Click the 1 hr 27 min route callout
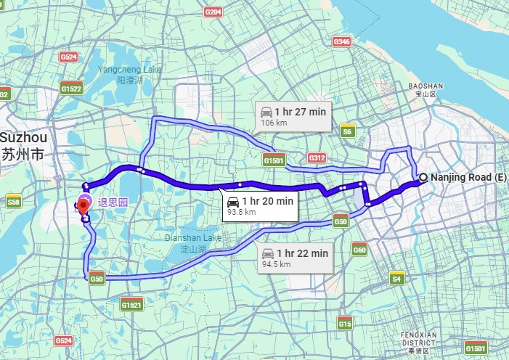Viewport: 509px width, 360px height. pos(293,116)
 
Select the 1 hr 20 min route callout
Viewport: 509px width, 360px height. pos(259,205)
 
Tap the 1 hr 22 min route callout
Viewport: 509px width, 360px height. pos(294,258)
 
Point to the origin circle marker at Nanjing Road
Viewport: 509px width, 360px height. pos(423,176)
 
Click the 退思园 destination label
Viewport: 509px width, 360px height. pos(113,202)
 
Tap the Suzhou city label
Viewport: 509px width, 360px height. pos(23,145)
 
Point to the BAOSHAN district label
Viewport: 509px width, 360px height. pos(425,89)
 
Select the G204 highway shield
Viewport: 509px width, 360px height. pos(213,12)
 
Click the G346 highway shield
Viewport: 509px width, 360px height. pos(341,42)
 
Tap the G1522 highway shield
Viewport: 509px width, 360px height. pos(71,89)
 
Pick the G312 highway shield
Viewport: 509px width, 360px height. pos(317,157)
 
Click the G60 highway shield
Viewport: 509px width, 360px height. pos(359,250)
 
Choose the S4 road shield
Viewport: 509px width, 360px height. pos(396,278)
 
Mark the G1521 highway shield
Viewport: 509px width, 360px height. pos(131,306)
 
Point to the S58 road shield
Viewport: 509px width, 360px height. pos(13,201)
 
